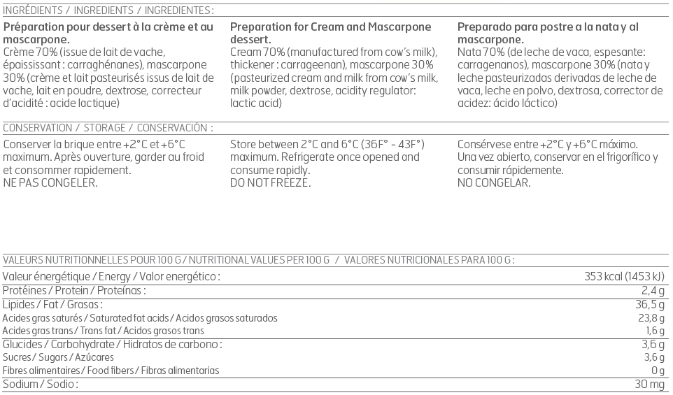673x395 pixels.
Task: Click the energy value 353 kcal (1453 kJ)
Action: click(624, 277)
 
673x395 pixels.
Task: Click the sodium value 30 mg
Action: click(649, 385)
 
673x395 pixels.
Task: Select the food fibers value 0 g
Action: click(657, 371)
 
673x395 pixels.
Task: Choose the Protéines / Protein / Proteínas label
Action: click(74, 290)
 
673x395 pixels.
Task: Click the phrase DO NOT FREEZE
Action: click(270, 183)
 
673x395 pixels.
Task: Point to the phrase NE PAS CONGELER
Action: click(50, 183)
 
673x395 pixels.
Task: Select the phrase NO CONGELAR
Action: click(494, 183)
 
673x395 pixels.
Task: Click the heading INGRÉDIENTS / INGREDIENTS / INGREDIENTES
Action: click(108, 10)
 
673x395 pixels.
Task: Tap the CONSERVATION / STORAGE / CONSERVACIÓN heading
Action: click(108, 128)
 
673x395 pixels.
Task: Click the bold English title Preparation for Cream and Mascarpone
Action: click(331, 27)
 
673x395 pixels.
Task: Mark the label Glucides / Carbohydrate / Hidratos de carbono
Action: click(113, 344)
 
